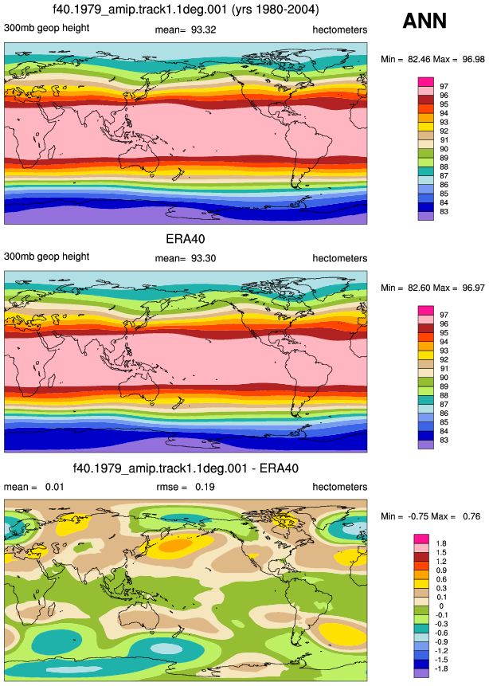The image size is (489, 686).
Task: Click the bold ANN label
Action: (x=424, y=21)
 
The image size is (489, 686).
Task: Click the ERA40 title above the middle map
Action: (x=186, y=239)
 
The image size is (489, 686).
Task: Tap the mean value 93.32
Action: (x=203, y=29)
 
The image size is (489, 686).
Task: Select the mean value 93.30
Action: (x=203, y=258)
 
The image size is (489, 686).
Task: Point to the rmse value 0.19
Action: (x=205, y=487)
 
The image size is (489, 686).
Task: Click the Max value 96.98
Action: (x=473, y=59)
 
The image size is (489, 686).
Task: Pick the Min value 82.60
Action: (x=419, y=288)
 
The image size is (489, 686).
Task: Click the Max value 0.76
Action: (x=471, y=516)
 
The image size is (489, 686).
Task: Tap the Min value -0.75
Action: (x=418, y=516)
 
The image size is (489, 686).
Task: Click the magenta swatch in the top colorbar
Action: (x=425, y=82)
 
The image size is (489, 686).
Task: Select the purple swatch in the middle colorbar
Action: (x=425, y=445)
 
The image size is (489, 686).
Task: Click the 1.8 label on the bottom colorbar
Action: (x=441, y=543)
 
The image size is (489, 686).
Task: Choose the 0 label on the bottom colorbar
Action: (x=441, y=606)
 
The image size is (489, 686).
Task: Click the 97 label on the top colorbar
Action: (x=444, y=86)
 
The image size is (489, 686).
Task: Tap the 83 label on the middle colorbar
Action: (x=444, y=440)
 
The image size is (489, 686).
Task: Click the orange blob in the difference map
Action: (x=175, y=545)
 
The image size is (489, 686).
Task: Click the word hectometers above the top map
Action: (x=340, y=29)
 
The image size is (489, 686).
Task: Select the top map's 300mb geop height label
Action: (x=47, y=28)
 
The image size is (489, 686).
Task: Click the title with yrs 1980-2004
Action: (x=186, y=9)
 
